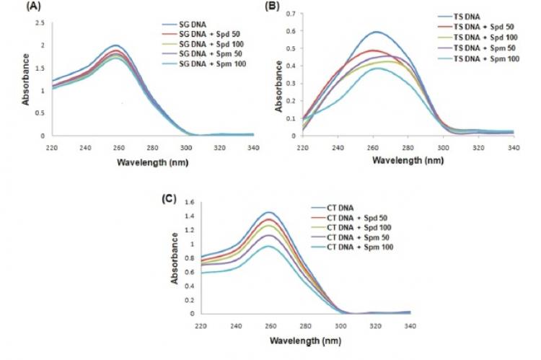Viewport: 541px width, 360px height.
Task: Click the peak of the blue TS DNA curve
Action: pos(376,32)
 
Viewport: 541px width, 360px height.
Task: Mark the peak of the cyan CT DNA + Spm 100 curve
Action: pos(268,246)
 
